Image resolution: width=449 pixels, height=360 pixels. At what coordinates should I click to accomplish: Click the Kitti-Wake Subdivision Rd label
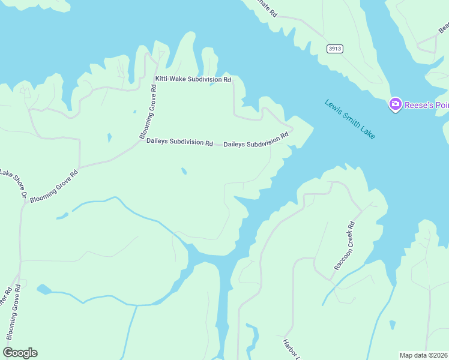tap(193, 79)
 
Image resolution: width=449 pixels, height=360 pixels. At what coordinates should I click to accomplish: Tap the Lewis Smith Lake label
tap(350, 119)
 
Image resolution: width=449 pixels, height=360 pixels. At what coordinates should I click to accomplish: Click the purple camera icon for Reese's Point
tap(395, 104)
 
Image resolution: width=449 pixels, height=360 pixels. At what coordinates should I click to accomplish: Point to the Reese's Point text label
tap(426, 106)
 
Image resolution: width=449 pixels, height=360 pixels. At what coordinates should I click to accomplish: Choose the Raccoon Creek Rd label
tap(344, 246)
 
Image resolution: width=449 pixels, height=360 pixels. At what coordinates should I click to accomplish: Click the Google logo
tap(20, 352)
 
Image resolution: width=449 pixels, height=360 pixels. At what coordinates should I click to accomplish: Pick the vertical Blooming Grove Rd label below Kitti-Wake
tap(148, 112)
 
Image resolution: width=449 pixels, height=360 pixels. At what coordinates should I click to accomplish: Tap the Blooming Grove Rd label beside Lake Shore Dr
tap(55, 187)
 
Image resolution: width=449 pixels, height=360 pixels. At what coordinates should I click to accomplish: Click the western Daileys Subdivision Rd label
tap(179, 143)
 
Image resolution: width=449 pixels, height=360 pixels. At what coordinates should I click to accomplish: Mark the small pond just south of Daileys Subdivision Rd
tap(184, 172)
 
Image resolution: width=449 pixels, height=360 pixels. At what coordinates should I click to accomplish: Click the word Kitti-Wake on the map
tap(170, 79)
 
